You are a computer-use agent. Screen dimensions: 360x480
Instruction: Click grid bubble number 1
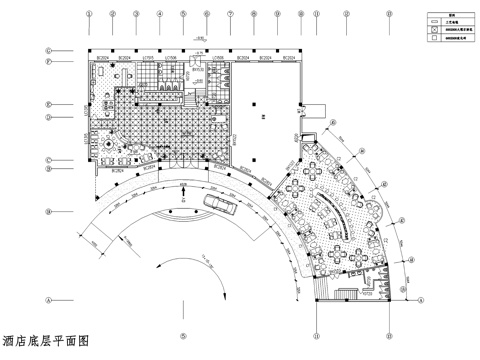(89, 15)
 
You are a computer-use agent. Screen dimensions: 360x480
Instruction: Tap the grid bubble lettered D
(48, 117)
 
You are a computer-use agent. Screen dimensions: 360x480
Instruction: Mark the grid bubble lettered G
(48, 50)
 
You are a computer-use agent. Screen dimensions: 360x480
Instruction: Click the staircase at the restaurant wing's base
(350, 293)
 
